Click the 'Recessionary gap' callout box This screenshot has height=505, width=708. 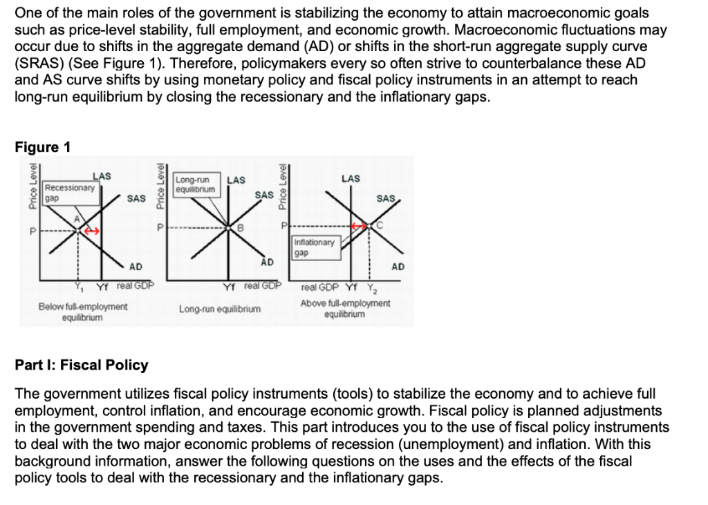click(68, 192)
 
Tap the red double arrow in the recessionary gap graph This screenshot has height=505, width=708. click(93, 232)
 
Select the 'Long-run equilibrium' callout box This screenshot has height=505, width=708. click(196, 183)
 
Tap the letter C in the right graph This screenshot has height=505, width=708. click(380, 225)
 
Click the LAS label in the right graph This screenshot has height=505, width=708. click(351, 178)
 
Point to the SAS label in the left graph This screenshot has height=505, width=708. click(136, 199)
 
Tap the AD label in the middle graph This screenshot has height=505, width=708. click(265, 262)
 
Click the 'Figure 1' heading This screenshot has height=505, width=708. click(42, 147)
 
